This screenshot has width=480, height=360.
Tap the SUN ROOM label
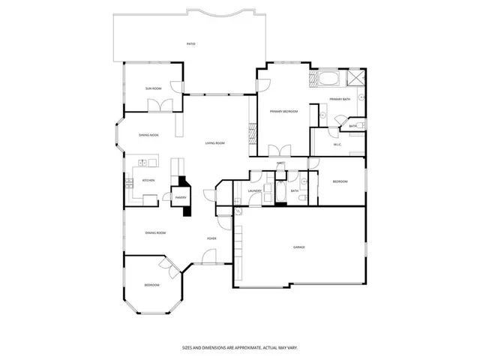153,88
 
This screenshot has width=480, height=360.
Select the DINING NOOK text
148,135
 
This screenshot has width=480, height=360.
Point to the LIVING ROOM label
215,143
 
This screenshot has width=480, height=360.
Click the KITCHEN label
148,181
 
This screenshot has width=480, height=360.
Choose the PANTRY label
181,198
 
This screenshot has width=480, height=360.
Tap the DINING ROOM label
155,233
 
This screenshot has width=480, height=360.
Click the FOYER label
212,239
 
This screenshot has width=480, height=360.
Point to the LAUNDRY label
253,191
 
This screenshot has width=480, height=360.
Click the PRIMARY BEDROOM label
284,112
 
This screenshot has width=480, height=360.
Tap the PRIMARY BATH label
340,99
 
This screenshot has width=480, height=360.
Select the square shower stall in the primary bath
355,77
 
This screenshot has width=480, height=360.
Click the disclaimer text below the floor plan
239,347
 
